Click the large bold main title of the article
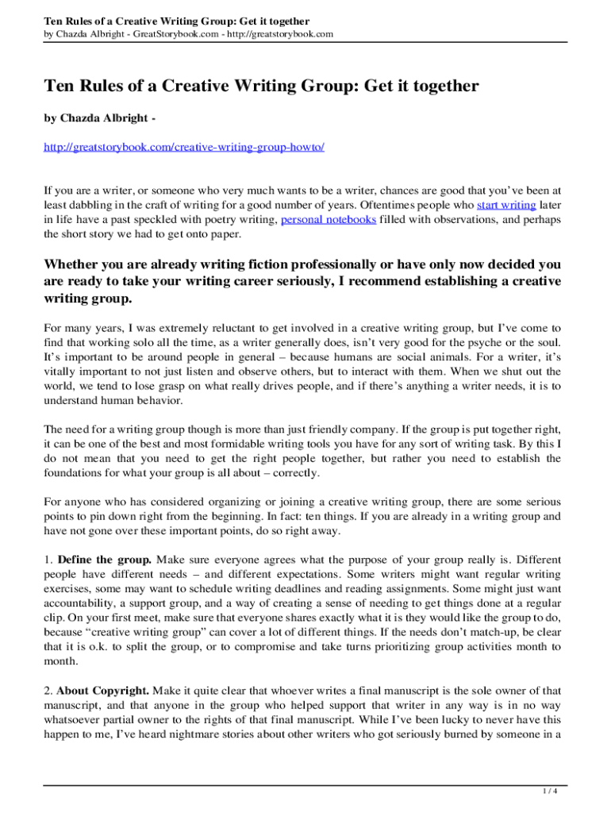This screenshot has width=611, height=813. [x=261, y=86]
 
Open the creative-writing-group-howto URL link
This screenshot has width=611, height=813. [x=184, y=148]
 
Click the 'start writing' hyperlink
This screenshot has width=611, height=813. [x=505, y=205]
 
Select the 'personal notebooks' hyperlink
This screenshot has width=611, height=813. [x=329, y=219]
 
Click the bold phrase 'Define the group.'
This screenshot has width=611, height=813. [x=103, y=559]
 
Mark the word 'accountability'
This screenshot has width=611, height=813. [x=80, y=603]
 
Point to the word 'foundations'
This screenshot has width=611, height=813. [x=77, y=472]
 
